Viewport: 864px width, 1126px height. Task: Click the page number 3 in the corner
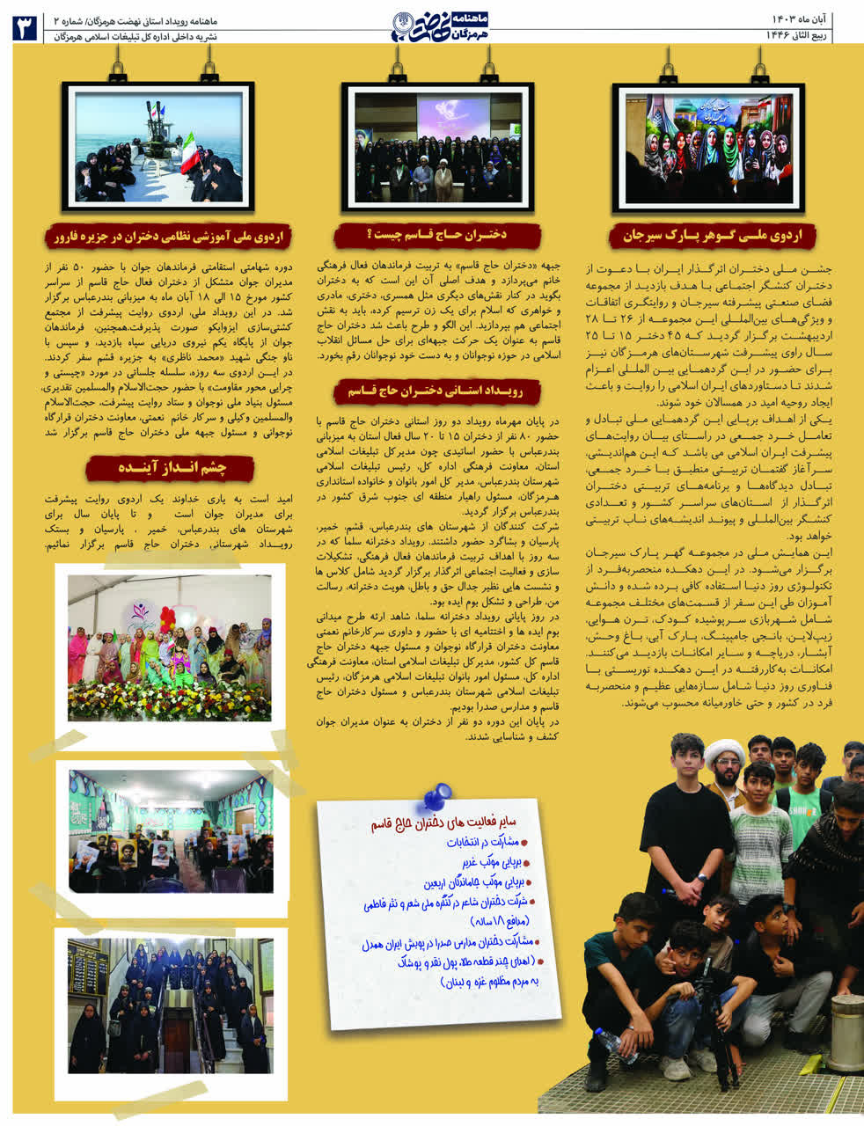tap(23, 26)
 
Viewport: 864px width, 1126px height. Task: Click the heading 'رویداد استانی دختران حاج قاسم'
tap(436, 391)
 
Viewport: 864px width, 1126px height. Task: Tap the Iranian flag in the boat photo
tap(190, 151)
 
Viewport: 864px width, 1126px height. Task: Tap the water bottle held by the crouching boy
tap(614, 1043)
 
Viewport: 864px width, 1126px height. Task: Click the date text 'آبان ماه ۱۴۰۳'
tap(795, 18)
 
